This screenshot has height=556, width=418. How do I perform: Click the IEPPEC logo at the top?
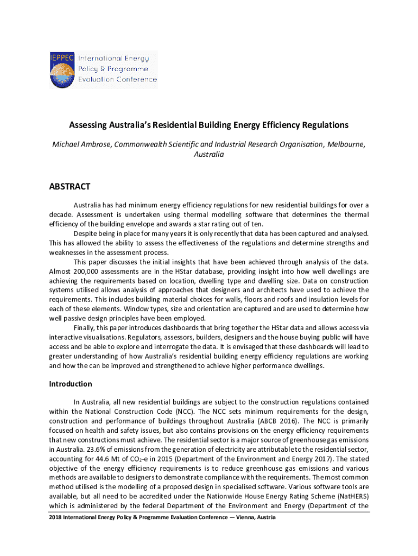(x=103, y=69)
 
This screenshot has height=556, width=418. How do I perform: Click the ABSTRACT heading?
(x=69, y=187)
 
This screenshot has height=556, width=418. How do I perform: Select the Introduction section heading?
(x=71, y=384)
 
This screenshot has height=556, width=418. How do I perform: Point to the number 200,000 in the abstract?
(x=85, y=271)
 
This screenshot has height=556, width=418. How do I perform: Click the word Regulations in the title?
(x=324, y=125)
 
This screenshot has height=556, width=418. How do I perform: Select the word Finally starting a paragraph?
(x=86, y=327)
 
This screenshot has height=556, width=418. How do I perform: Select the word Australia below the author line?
(x=208, y=154)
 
